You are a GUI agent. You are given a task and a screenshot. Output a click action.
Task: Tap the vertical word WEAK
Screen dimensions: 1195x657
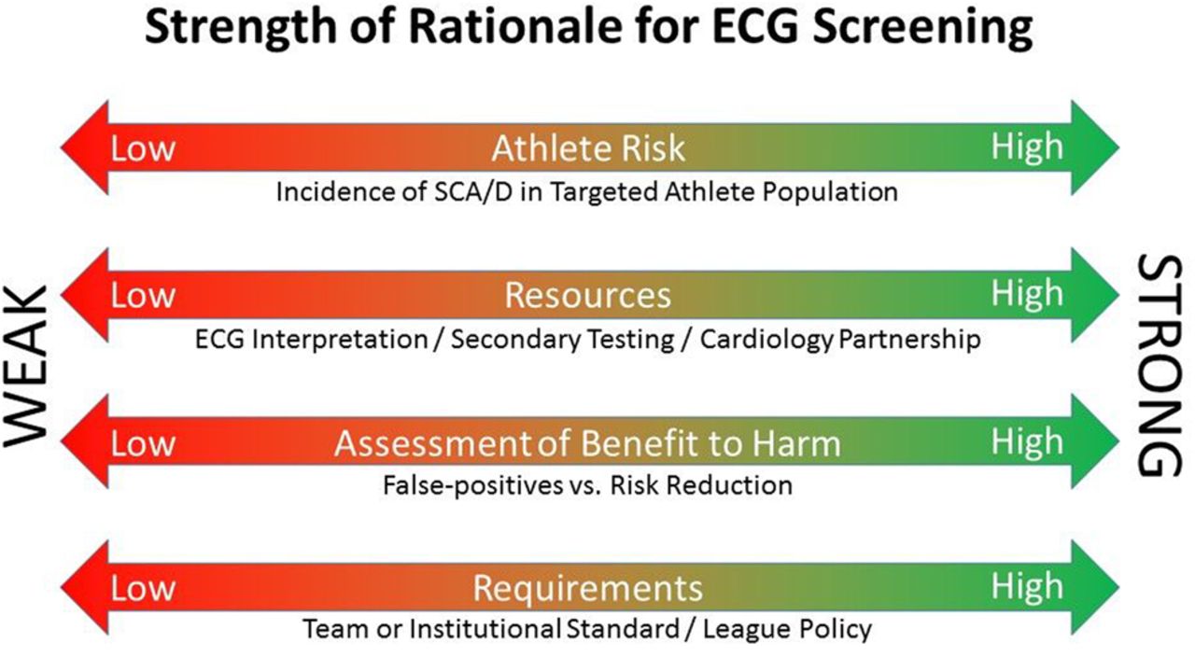point(26,367)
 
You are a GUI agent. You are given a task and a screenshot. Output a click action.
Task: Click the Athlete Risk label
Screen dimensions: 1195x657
point(588,147)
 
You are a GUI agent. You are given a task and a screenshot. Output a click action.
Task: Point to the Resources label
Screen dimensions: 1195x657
point(587,295)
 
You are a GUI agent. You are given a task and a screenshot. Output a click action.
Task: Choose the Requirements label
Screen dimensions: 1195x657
point(588,588)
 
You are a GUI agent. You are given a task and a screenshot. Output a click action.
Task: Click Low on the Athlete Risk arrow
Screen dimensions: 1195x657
point(143,148)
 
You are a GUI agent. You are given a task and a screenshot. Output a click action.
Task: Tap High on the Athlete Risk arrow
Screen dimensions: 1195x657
point(1027,147)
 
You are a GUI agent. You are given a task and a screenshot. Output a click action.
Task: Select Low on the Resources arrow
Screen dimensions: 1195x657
point(143,296)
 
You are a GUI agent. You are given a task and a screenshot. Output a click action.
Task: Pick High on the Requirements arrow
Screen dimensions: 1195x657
point(1027,587)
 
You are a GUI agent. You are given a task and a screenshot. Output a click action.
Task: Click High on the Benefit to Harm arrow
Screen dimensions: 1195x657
point(1027,442)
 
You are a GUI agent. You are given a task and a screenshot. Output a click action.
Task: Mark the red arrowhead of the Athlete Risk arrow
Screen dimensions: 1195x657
point(85,147)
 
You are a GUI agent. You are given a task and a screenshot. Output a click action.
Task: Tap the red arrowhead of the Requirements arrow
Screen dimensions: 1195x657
point(85,587)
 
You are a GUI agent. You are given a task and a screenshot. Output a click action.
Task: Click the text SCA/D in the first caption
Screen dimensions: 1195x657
point(473,192)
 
